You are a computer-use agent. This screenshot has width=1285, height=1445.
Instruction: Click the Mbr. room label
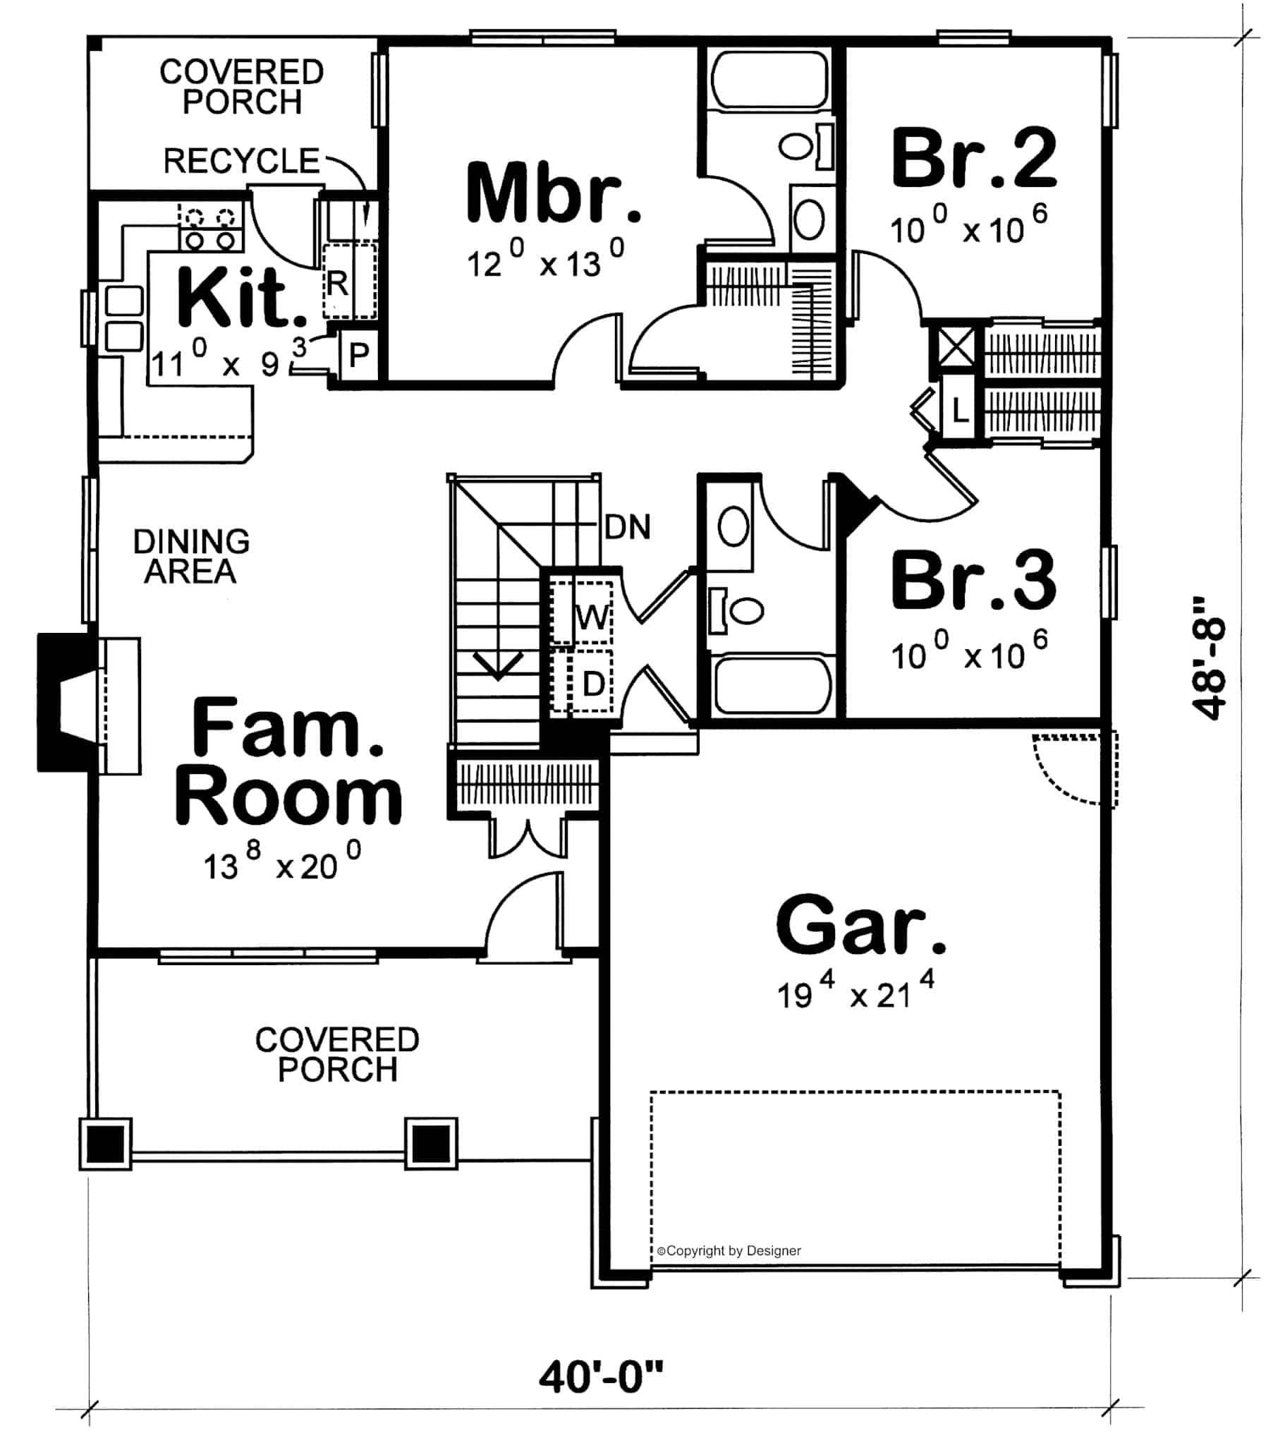point(554,193)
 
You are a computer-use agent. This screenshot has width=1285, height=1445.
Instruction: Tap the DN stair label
point(628,527)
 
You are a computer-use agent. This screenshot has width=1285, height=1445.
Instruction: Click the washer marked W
point(582,612)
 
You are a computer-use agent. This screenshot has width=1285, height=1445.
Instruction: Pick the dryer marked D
point(582,680)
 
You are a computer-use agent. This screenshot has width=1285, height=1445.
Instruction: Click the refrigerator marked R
point(349,281)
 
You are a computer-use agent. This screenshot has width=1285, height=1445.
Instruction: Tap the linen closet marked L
point(959,409)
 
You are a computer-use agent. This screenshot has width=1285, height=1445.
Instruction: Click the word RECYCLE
point(242,160)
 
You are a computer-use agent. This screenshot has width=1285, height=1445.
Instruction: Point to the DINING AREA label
point(191,557)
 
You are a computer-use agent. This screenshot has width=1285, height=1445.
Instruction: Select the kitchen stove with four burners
point(212,227)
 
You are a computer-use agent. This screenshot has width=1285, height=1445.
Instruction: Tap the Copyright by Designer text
point(729,1250)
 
